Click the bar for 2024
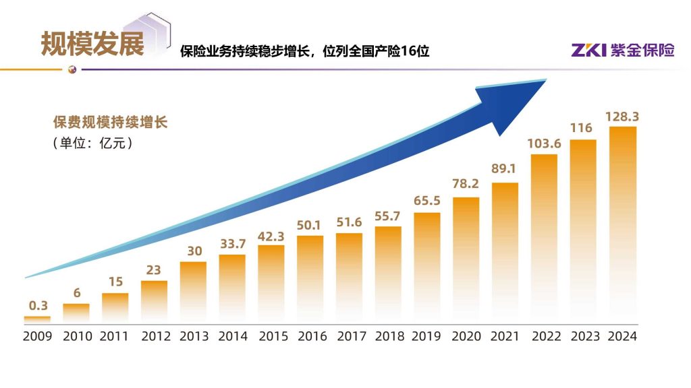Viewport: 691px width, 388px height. [622, 222]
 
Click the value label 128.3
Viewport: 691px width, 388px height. [622, 117]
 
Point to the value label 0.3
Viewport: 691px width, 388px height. [37, 306]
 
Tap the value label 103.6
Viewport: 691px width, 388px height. [544, 143]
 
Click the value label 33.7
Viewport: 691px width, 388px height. [232, 244]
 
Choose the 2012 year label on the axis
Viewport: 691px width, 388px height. [154, 336]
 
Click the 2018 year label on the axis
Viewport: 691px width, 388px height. [388, 336]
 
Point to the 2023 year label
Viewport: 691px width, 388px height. [583, 336]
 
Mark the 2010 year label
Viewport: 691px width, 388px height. [77, 336]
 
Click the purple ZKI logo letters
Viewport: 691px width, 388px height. [590, 51]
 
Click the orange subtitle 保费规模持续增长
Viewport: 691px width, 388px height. [110, 123]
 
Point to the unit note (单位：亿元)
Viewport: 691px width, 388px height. [91, 143]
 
